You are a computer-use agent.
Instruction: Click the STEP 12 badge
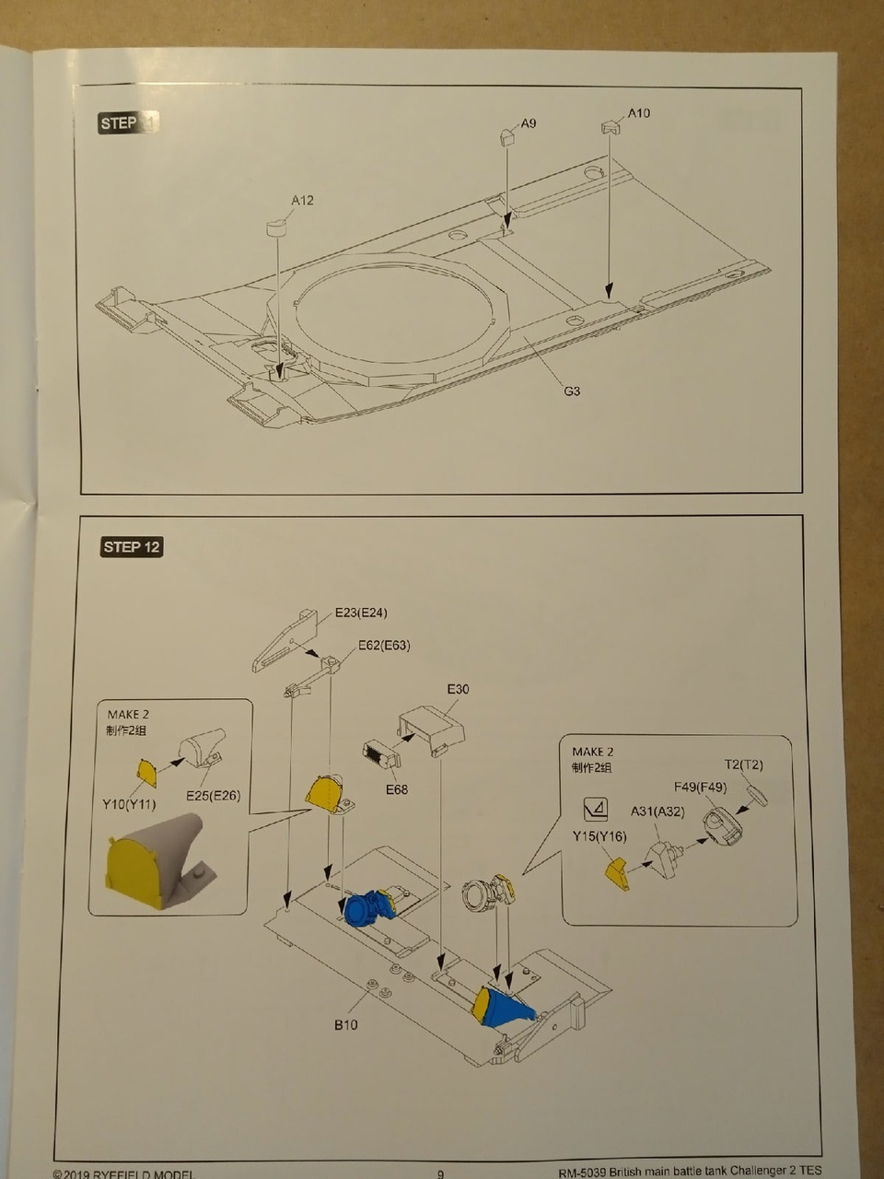pyautogui.click(x=132, y=547)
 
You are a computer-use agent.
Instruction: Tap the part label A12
pyautogui.click(x=302, y=200)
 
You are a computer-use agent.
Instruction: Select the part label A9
pyautogui.click(x=529, y=123)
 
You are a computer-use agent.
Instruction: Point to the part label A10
pyautogui.click(x=638, y=112)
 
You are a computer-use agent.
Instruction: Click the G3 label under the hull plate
pyautogui.click(x=572, y=391)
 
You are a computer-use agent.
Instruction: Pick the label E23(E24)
pyautogui.click(x=361, y=613)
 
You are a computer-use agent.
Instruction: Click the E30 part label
pyautogui.click(x=458, y=689)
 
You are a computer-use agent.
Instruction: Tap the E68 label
pyautogui.click(x=397, y=789)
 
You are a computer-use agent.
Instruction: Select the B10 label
pyautogui.click(x=345, y=1024)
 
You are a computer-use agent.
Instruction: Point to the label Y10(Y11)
pyautogui.click(x=129, y=804)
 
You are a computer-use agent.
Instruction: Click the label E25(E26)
pyautogui.click(x=213, y=795)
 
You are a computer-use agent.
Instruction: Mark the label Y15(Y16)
pyautogui.click(x=599, y=836)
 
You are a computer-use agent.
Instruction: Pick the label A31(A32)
pyautogui.click(x=657, y=811)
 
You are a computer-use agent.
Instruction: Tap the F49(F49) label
pyautogui.click(x=700, y=787)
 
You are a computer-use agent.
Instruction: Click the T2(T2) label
pyautogui.click(x=743, y=765)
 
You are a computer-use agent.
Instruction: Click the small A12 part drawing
pyautogui.click(x=277, y=226)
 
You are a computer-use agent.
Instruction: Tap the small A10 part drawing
pyautogui.click(x=611, y=128)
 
